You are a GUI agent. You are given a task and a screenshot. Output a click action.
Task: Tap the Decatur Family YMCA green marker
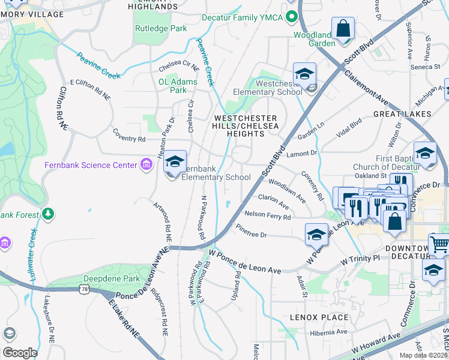coord(292,16)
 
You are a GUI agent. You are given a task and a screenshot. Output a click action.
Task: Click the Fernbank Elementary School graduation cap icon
coord(175,161)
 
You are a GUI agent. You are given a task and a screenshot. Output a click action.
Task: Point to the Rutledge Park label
coord(161,28)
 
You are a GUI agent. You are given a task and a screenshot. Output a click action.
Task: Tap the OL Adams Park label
coord(173,86)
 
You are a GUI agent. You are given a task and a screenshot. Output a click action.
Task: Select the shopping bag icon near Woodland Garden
coord(343,28)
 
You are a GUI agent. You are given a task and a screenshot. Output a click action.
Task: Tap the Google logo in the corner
coord(20,352)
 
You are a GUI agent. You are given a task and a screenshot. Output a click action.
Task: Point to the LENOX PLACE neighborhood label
coord(319,317)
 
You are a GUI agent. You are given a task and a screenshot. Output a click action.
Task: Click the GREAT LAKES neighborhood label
coord(402,113)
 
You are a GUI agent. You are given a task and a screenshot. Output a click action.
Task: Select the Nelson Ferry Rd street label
coord(267,215)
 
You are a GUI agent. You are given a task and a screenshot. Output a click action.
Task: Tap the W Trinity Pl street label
coord(360,260)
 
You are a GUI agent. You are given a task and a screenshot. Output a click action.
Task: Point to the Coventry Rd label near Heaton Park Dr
coord(129,139)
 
